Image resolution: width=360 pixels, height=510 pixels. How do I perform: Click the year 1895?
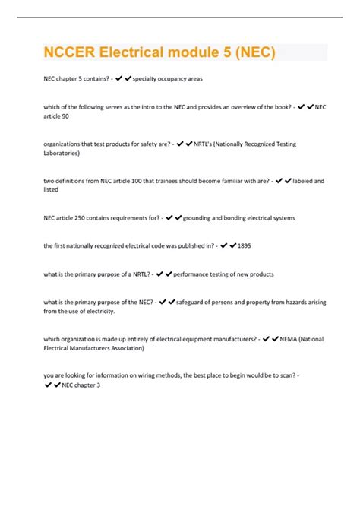point(245,245)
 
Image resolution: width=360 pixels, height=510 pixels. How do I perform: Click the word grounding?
point(199,217)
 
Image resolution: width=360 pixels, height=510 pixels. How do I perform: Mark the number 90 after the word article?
point(64,116)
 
